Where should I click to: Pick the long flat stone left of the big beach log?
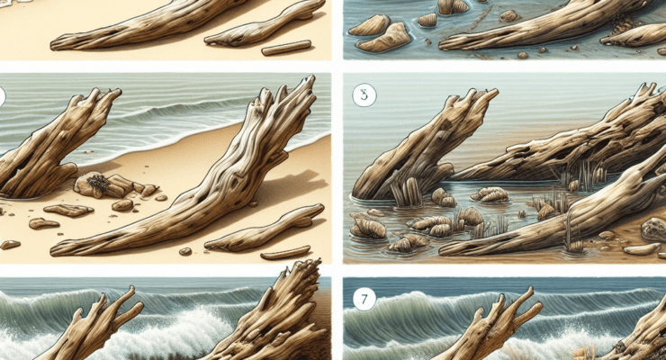[x=67, y=210]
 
